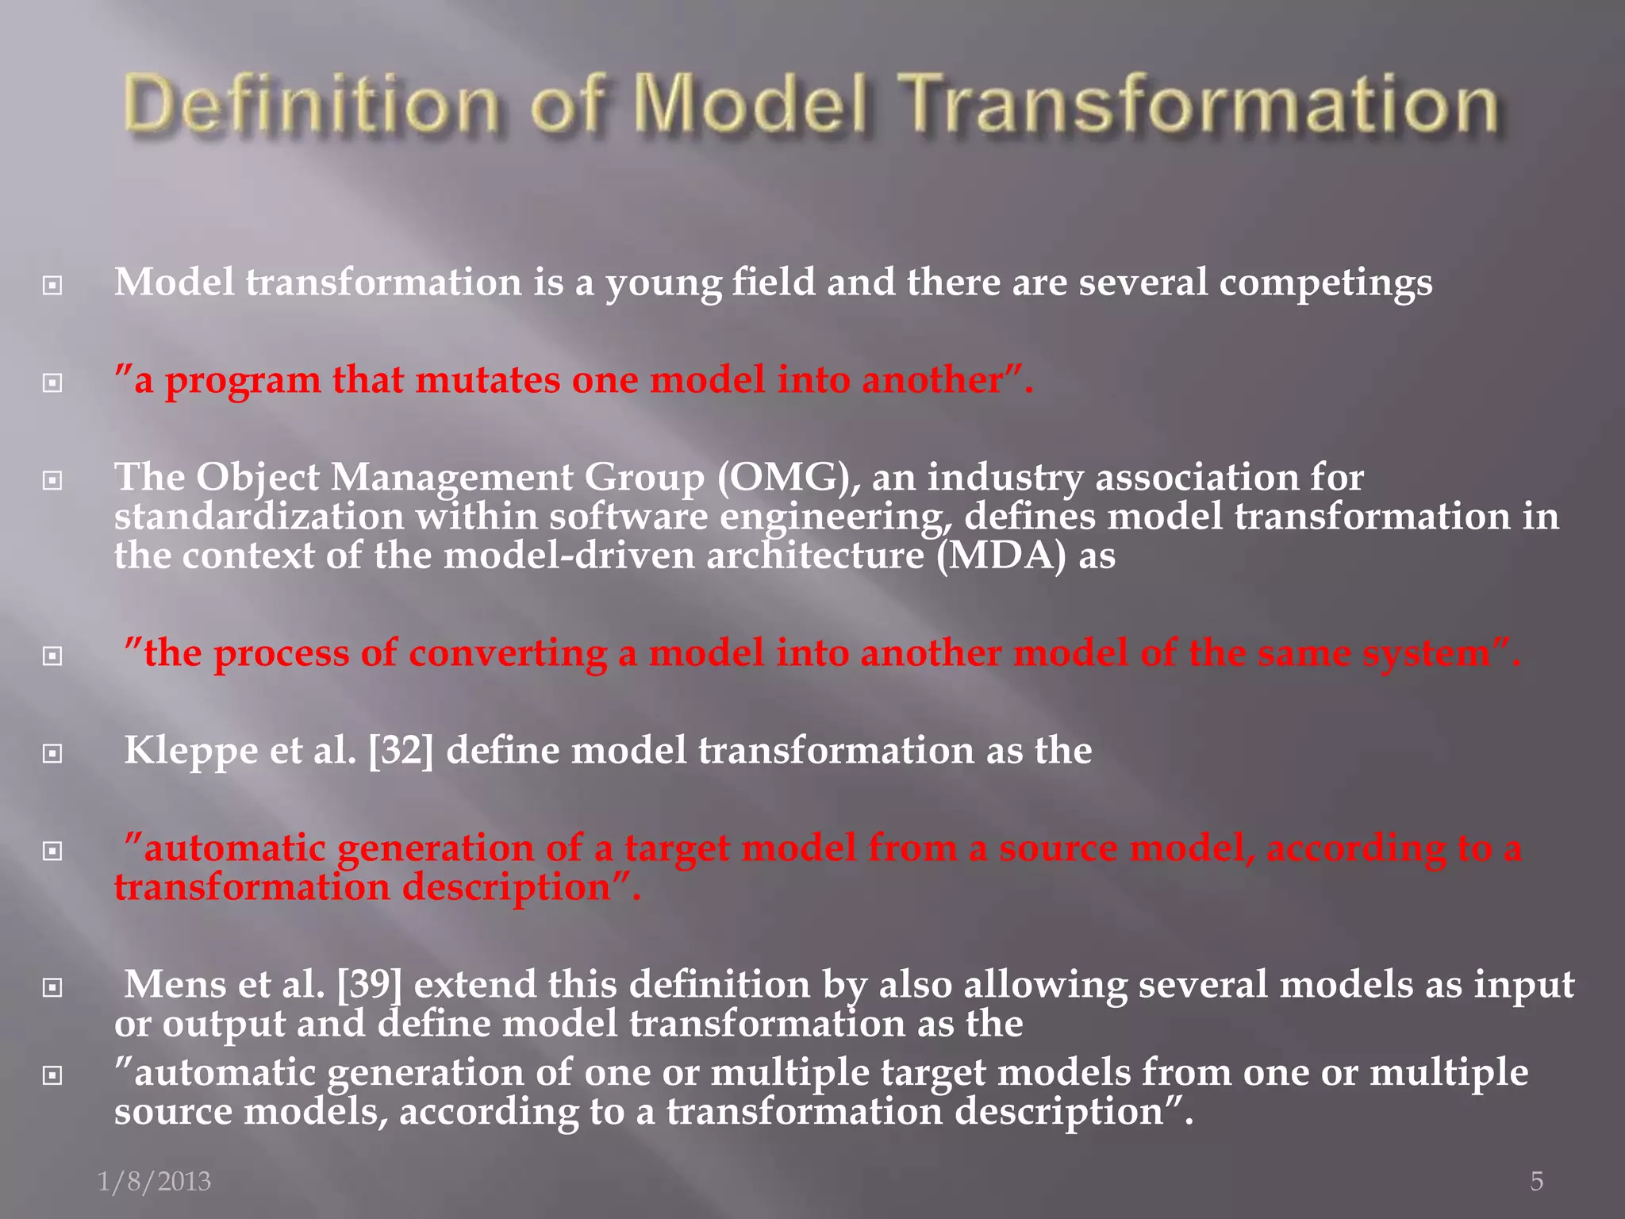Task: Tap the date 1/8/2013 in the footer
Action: (154, 1181)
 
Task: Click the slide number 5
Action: (1536, 1181)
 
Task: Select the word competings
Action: (1325, 283)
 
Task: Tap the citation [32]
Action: (401, 751)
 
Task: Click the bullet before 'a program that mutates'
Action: (52, 383)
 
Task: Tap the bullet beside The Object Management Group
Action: (52, 481)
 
